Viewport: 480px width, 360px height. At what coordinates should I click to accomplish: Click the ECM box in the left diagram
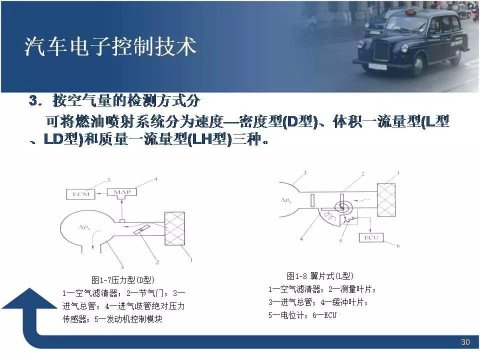pos(81,194)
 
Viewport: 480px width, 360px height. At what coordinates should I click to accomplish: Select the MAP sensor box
pos(122,192)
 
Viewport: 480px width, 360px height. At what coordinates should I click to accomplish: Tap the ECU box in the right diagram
pos(371,237)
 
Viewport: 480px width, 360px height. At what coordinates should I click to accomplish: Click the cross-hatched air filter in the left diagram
pos(175,228)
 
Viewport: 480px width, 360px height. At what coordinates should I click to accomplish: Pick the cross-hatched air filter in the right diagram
pos(386,200)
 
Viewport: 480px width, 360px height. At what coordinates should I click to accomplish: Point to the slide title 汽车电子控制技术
pos(110,46)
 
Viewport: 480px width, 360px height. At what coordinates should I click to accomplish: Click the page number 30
pos(465,342)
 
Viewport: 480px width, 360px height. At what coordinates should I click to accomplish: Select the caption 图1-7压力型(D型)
pos(123,280)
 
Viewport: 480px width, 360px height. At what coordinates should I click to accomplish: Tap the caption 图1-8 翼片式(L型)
pos(320,276)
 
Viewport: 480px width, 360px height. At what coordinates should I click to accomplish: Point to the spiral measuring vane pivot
pos(343,207)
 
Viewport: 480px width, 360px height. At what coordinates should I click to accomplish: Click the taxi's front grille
pos(381,51)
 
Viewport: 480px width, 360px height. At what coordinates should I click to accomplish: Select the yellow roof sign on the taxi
pos(409,12)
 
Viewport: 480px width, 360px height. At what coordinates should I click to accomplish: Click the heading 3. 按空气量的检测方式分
pos(115,100)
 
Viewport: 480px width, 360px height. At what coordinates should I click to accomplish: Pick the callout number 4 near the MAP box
pos(155,179)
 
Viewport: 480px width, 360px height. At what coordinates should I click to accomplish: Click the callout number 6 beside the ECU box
pos(398,245)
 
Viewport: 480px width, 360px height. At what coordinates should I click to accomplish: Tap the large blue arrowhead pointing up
pos(29,298)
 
